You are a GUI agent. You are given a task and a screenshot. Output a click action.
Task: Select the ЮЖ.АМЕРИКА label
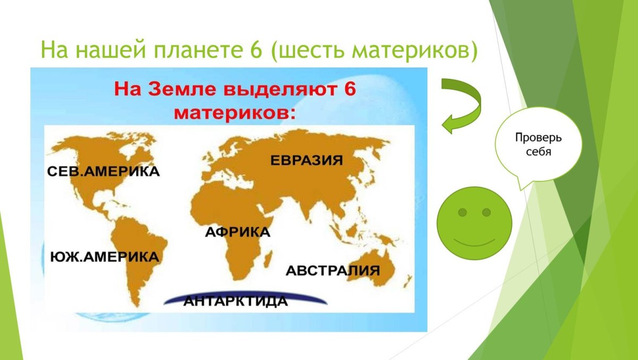[104, 257]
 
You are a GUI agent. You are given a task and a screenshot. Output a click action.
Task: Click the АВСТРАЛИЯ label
[333, 270]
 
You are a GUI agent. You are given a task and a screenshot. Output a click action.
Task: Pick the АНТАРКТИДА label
[235, 302]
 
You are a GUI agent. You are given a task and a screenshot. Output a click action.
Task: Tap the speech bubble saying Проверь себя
[538, 145]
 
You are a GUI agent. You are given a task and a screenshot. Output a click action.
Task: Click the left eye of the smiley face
[463, 213]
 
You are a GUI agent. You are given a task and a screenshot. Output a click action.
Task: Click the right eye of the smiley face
[486, 213]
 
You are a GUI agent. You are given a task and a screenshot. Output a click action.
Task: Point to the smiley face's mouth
[474, 242]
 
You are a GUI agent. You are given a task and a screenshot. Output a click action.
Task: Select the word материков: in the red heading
[233, 112]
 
